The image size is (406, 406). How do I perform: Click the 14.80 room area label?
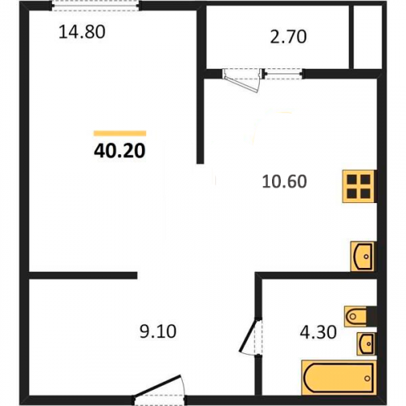[x=82, y=32]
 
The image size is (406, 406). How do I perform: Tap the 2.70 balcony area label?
[x=288, y=37]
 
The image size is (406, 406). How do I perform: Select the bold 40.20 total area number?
[x=119, y=151]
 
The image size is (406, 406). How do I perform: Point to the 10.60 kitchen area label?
[x=284, y=181]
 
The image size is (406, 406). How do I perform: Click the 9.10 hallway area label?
[x=158, y=331]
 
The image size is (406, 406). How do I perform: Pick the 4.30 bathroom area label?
[x=318, y=332]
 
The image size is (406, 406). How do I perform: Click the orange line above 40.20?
[x=120, y=133]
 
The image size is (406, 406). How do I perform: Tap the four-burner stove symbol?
[x=359, y=186]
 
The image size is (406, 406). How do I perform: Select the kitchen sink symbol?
[x=363, y=257]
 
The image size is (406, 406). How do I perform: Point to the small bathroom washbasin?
[x=366, y=343]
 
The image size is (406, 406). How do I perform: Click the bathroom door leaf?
[x=248, y=335]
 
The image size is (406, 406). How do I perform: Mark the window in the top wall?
[x=96, y=6]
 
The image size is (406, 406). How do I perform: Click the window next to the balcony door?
[x=283, y=73]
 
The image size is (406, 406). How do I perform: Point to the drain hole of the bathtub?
[x=367, y=378]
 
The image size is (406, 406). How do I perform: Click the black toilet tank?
[x=371, y=316]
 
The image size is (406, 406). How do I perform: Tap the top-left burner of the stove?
[x=352, y=179]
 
